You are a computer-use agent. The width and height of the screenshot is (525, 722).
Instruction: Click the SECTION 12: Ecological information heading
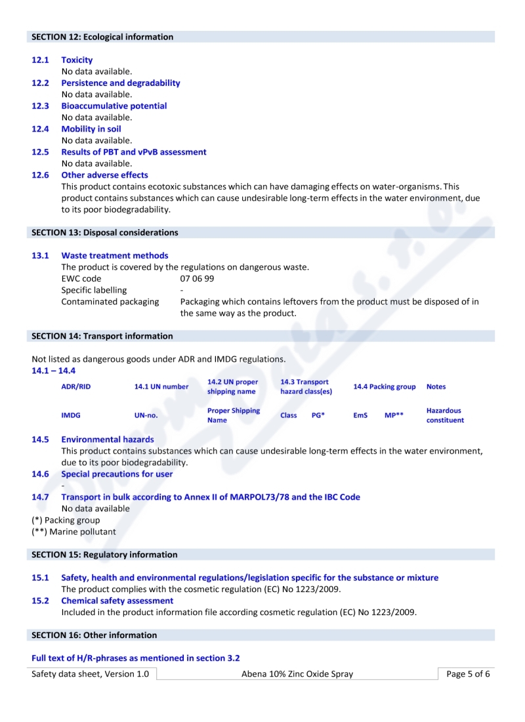pyautogui.click(x=102, y=37)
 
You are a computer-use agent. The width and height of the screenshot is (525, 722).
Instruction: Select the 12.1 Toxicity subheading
pyautogui.click(x=77, y=60)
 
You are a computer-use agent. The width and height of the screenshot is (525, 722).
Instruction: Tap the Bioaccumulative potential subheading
pyautogui.click(x=114, y=106)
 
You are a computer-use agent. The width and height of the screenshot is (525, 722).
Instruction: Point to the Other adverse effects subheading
pyautogui.click(x=104, y=175)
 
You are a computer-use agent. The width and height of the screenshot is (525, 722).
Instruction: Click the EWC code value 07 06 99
pyautogui.click(x=197, y=278)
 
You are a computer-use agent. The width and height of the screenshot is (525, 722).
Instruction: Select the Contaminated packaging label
pyautogui.click(x=110, y=301)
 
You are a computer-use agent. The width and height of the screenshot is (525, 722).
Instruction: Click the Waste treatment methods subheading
pyautogui.click(x=114, y=255)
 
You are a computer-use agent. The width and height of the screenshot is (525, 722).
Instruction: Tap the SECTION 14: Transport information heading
pyautogui.click(x=102, y=336)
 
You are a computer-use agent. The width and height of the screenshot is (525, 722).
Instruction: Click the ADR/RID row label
pyautogui.click(x=75, y=387)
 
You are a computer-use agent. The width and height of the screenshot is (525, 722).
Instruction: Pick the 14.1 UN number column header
pyautogui.click(x=161, y=387)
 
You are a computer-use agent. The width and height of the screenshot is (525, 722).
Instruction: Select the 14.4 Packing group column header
pyautogui.click(x=384, y=387)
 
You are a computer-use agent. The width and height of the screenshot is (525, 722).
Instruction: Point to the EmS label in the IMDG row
pyautogui.click(x=360, y=415)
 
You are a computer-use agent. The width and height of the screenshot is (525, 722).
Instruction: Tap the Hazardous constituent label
pyautogui.click(x=445, y=415)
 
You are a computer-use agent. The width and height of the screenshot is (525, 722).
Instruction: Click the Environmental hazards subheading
pyautogui.click(x=107, y=439)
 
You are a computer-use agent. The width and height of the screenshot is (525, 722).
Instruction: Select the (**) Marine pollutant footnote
pyautogui.click(x=73, y=532)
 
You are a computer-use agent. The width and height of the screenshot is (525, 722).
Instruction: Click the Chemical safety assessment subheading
pyautogui.click(x=117, y=601)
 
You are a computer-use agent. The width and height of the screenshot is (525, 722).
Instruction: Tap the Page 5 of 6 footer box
pyautogui.click(x=467, y=674)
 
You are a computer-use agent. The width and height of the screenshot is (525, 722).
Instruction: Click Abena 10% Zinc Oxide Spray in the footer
pyautogui.click(x=297, y=674)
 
